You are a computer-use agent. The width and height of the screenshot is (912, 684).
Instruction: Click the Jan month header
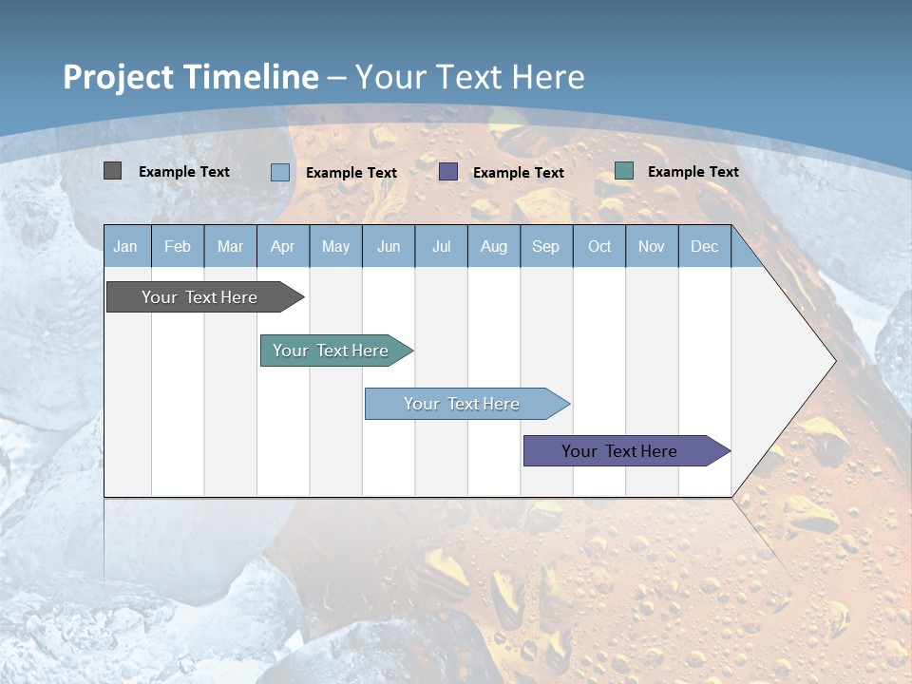[125, 246]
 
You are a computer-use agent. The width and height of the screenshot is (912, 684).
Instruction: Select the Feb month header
[178, 246]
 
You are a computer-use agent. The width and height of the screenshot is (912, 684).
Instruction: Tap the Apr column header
[282, 246]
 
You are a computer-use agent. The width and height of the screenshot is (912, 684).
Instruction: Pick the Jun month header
[388, 246]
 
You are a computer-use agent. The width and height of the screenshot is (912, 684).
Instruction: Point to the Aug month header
[493, 246]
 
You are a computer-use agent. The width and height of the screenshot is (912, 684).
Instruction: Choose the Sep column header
[545, 246]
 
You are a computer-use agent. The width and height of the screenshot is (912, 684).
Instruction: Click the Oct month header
[599, 246]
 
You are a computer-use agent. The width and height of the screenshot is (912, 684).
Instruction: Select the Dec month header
[704, 246]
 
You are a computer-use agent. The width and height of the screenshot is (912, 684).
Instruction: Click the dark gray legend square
[112, 171]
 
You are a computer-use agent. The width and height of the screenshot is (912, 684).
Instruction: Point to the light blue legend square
[280, 172]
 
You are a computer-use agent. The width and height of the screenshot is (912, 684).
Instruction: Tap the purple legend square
[448, 171]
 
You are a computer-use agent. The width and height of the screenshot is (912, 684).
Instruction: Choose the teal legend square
[624, 171]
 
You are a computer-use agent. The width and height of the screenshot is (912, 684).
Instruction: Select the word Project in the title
[118, 77]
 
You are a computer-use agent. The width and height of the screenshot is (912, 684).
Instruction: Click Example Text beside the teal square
[693, 172]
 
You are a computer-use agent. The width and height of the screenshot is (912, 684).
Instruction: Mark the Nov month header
[652, 246]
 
